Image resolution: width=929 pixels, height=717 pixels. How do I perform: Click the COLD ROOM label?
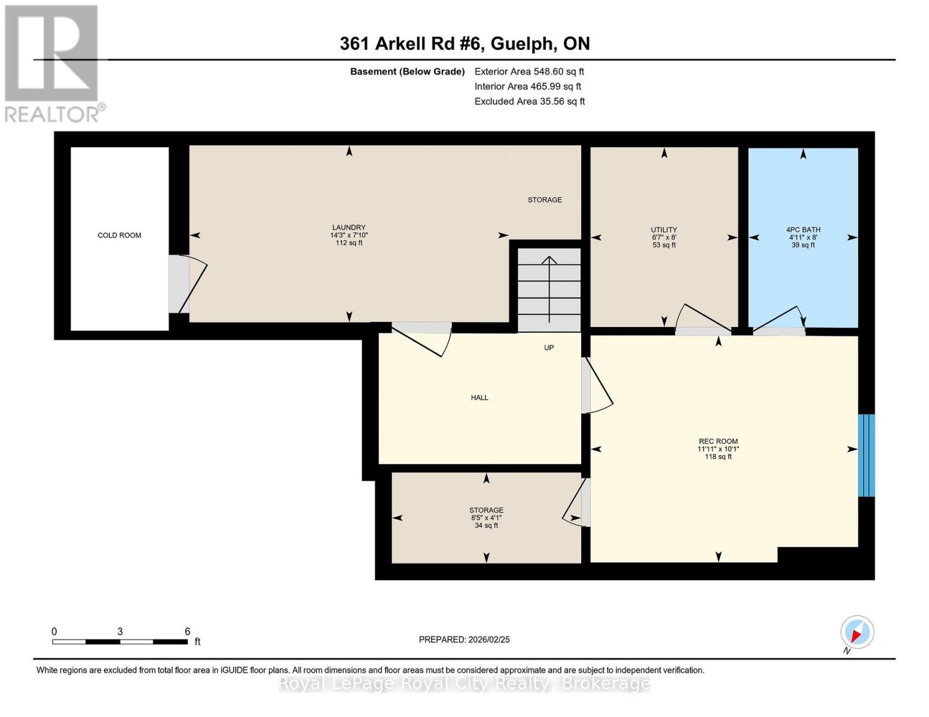(120, 235)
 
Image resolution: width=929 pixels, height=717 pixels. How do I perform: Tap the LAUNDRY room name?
(349, 228)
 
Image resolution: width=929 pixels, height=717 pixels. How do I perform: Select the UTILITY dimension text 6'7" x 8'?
(664, 237)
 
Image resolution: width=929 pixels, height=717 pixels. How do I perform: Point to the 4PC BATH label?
(803, 229)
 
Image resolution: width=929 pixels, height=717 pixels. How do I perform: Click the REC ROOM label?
(718, 442)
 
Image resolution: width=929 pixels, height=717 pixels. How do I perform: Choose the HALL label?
(479, 397)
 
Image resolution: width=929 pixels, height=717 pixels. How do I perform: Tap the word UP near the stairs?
(549, 348)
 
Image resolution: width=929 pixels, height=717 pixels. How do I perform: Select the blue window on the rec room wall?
(866, 455)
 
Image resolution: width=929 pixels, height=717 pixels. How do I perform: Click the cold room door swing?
(190, 285)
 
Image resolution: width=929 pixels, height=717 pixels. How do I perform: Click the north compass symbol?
(857, 633)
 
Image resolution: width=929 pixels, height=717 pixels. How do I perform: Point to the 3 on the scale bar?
(120, 632)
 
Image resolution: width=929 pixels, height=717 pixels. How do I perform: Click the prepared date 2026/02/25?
(464, 639)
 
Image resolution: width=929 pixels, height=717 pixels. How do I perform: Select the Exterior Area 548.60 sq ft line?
(529, 72)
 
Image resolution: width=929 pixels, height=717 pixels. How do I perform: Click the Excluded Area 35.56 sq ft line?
(529, 102)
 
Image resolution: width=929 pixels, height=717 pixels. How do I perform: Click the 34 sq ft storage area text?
(486, 526)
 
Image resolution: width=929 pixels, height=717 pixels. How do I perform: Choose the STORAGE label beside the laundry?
(545, 200)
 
